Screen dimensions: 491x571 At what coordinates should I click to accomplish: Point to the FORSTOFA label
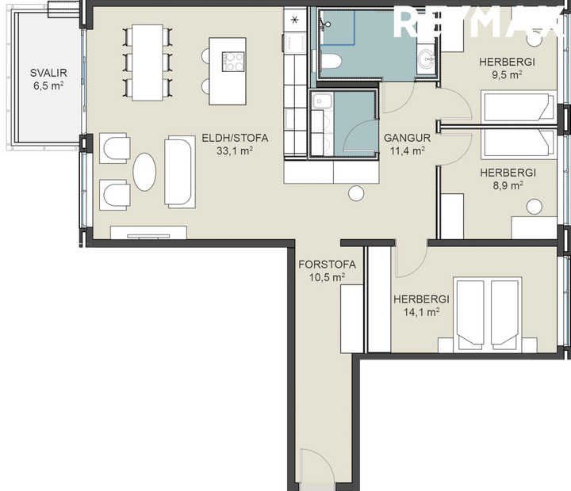click(x=327, y=265)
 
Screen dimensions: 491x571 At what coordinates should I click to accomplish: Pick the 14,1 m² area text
click(x=421, y=312)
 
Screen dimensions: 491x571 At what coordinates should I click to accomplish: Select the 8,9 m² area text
click(x=505, y=185)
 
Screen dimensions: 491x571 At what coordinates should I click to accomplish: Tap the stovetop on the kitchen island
click(x=234, y=61)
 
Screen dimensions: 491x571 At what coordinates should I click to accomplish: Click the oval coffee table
click(x=144, y=171)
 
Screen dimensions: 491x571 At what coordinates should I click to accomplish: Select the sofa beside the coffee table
click(x=179, y=171)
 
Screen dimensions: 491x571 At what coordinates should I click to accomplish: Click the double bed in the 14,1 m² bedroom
click(x=487, y=312)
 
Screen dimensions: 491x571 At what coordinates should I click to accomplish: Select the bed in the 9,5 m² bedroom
click(x=517, y=105)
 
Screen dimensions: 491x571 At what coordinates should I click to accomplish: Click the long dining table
click(x=147, y=62)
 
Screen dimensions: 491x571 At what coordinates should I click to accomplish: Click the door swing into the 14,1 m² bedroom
click(x=411, y=260)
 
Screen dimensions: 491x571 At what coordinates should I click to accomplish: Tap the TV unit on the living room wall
click(x=148, y=233)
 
